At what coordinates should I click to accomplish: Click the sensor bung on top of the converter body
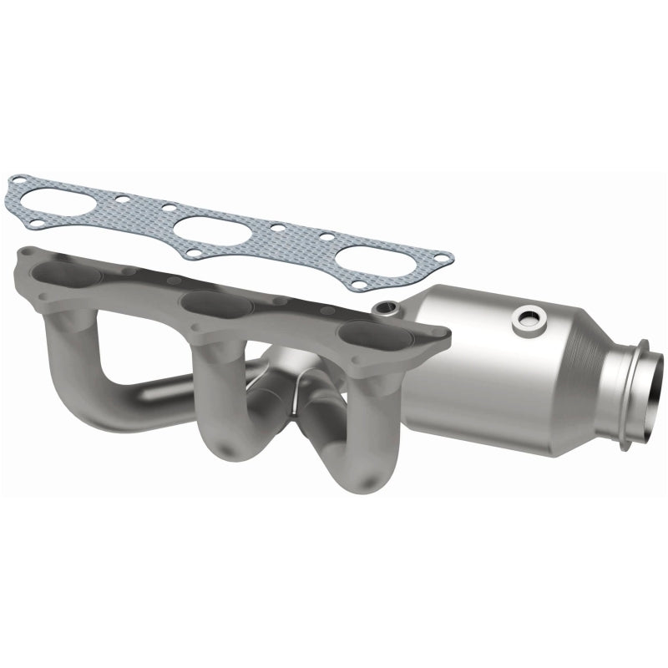(528, 319)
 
